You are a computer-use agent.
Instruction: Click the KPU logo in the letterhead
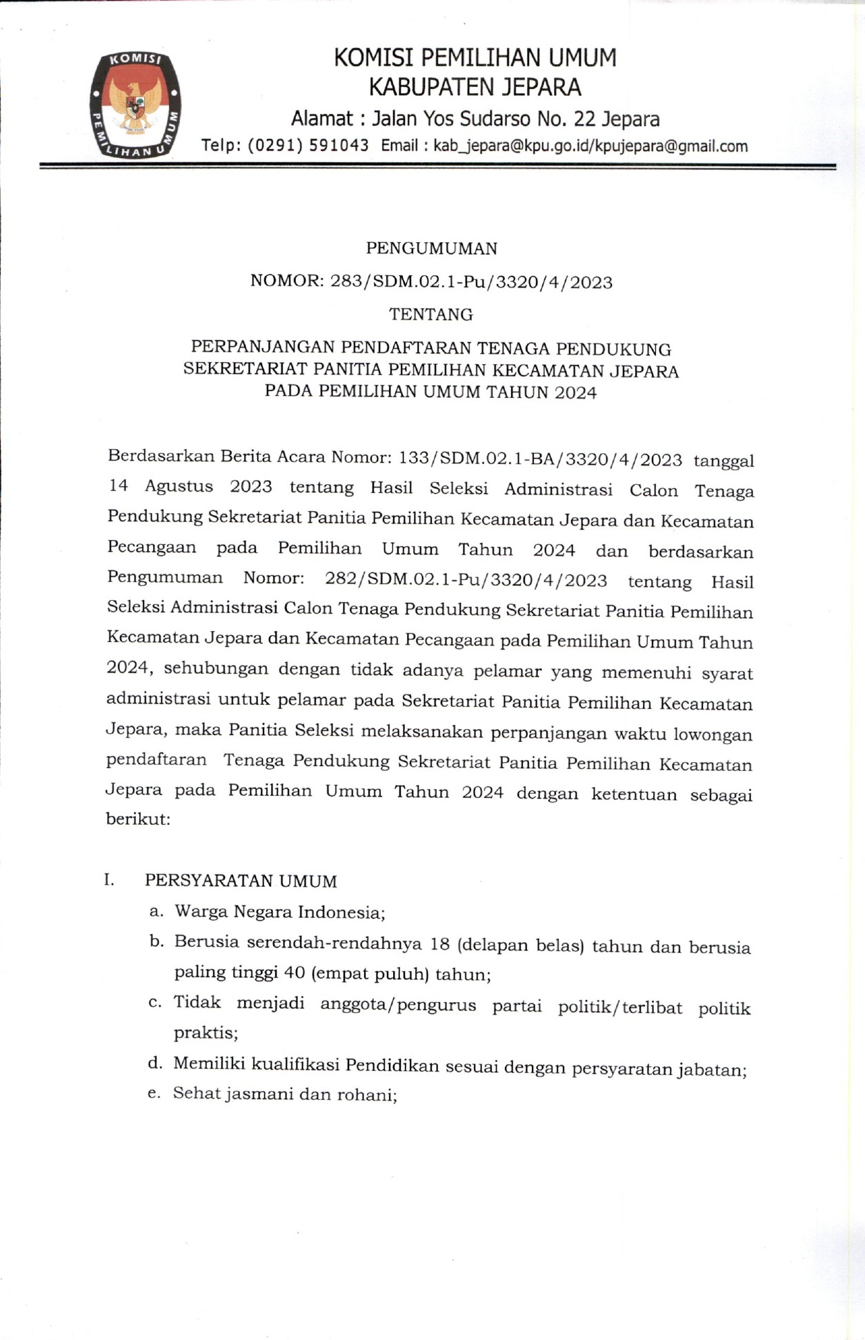pos(135,105)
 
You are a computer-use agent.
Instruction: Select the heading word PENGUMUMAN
pos(431,248)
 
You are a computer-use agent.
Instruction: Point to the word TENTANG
pos(431,314)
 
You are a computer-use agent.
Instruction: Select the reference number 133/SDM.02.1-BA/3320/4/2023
pos(540,459)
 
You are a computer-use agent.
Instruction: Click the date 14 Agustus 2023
pos(190,486)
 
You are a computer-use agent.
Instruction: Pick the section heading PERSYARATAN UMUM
pos(241,881)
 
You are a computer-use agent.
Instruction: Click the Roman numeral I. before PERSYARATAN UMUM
pos(109,879)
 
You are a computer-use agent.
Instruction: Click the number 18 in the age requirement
pos(439,943)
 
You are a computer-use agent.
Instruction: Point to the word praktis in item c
pos(205,1033)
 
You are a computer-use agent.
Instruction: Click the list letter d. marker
pos(155,1063)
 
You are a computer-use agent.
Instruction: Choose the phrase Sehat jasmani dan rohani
pos(284,1094)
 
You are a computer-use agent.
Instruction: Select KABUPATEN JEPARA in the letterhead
pos(475,88)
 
